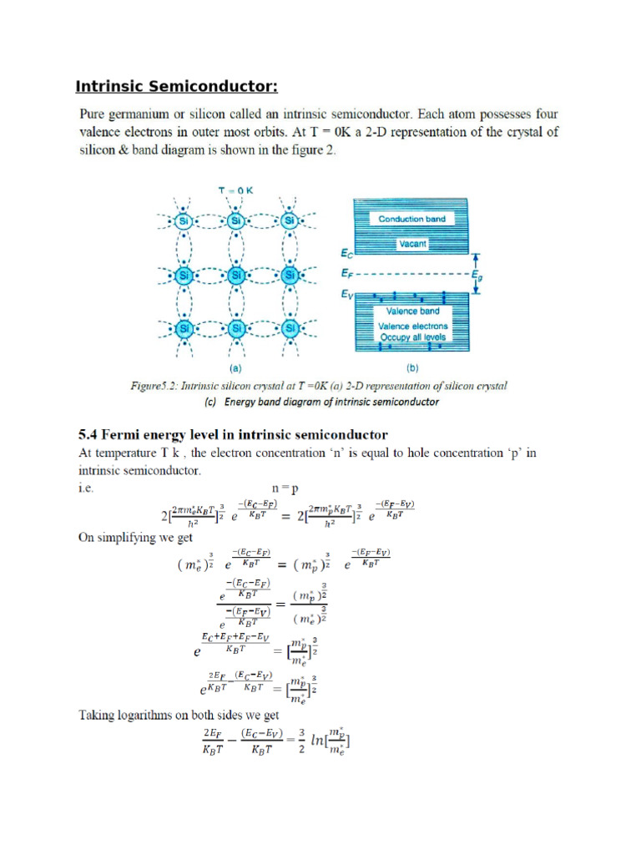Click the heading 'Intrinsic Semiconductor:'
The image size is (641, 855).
[176, 87]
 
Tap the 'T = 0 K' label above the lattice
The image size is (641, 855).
[235, 190]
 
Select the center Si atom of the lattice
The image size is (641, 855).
[236, 274]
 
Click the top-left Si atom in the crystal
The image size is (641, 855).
[184, 220]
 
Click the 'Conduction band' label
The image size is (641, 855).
[411, 219]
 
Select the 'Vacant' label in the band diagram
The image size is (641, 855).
[411, 244]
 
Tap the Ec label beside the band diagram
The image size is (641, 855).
[346, 251]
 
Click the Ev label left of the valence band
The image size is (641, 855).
[346, 294]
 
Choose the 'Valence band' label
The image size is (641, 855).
[412, 311]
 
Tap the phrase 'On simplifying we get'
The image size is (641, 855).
[134, 537]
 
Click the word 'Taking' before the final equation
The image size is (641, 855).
[98, 715]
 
